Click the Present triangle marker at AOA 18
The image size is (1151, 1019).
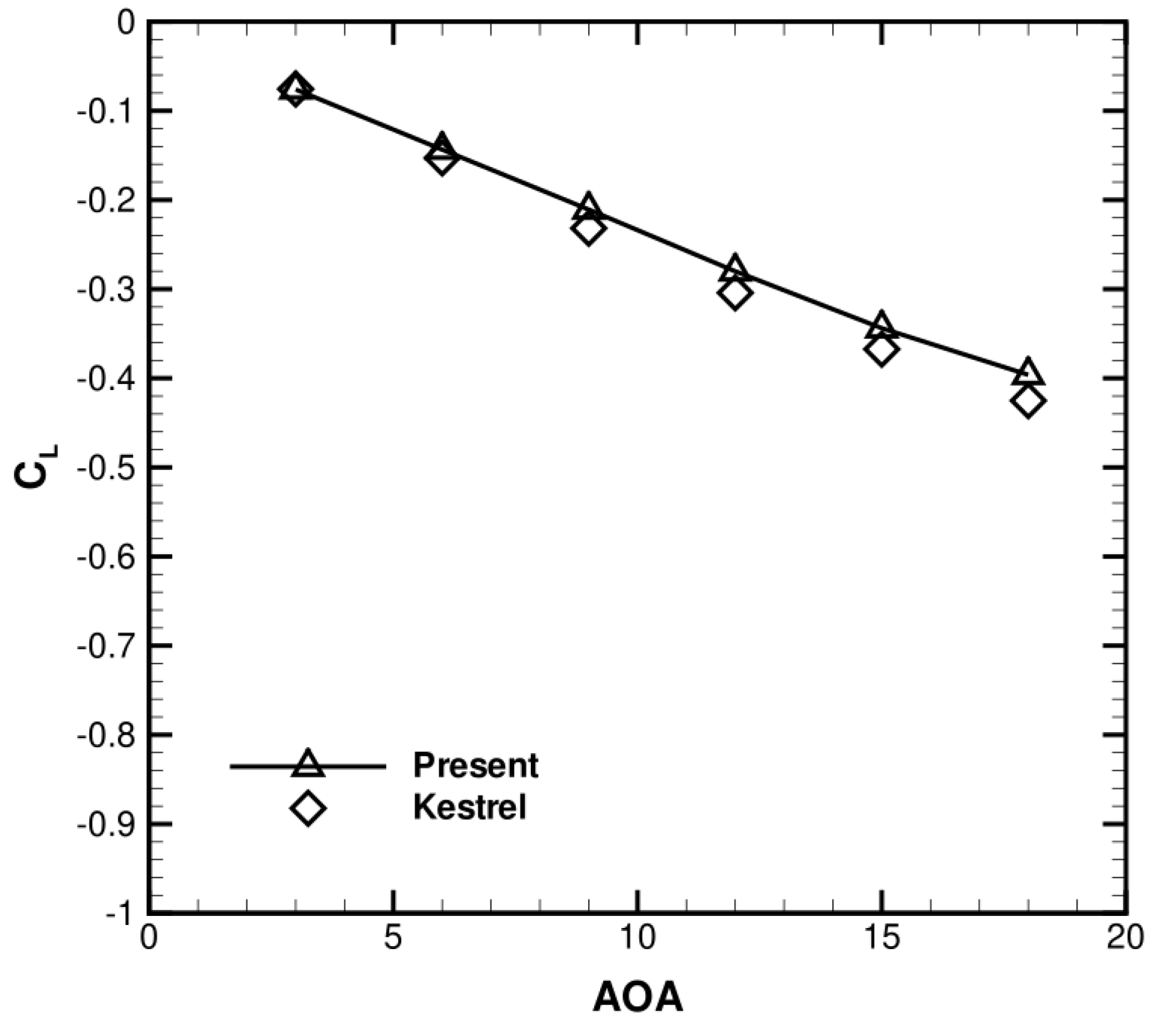(x=1027, y=374)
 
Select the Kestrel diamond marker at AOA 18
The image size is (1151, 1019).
(x=1027, y=401)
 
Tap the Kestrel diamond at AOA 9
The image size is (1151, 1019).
(x=588, y=230)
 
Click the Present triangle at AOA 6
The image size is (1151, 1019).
(x=441, y=146)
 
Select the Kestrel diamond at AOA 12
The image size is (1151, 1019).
(x=734, y=295)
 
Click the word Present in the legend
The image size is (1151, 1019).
(x=475, y=765)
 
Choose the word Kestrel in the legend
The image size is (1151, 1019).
(x=469, y=807)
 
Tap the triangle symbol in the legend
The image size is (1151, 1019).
(x=307, y=764)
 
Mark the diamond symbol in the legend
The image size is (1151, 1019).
(x=307, y=808)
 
